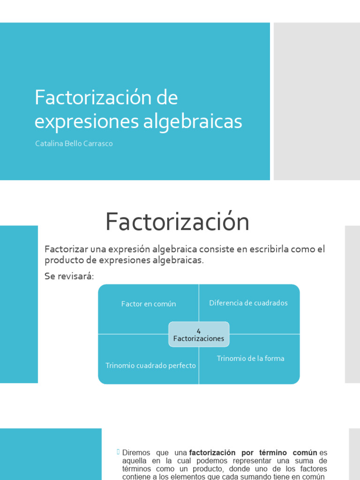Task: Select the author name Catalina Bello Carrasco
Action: click(x=74, y=144)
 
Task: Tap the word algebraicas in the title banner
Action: click(x=193, y=121)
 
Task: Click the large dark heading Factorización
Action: click(x=177, y=222)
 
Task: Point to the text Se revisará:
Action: click(x=69, y=277)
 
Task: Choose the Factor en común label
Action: click(x=149, y=304)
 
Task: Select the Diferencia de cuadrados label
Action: click(x=248, y=303)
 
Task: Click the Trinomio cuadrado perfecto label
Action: click(x=150, y=366)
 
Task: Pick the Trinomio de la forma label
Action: click(x=250, y=359)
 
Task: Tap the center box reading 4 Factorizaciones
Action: click(x=199, y=335)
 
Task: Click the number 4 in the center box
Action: click(x=199, y=331)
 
